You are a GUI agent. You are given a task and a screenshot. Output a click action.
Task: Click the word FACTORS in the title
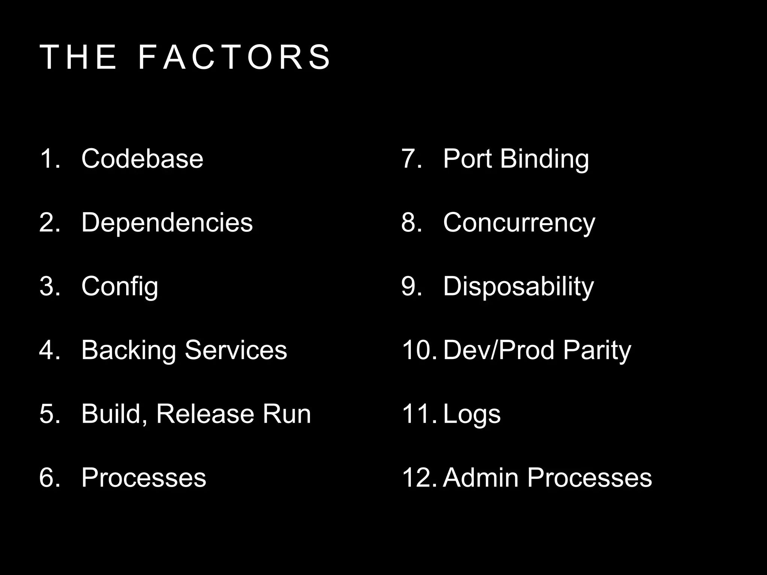[234, 57]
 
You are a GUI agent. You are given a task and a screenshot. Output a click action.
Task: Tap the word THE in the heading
[78, 57]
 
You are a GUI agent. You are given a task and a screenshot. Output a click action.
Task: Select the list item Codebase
[142, 159]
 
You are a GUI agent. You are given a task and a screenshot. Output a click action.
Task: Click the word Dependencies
[167, 222]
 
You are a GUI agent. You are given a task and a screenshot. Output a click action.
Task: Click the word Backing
[128, 350]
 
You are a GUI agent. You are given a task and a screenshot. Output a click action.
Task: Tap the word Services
[236, 350]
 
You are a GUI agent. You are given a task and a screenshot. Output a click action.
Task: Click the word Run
[287, 414]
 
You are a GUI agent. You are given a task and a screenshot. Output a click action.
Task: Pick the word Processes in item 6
[144, 478]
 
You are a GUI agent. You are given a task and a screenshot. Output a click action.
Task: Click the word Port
[467, 159]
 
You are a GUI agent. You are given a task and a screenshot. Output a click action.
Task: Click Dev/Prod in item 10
[498, 350]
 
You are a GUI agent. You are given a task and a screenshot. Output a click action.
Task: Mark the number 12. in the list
[419, 478]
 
